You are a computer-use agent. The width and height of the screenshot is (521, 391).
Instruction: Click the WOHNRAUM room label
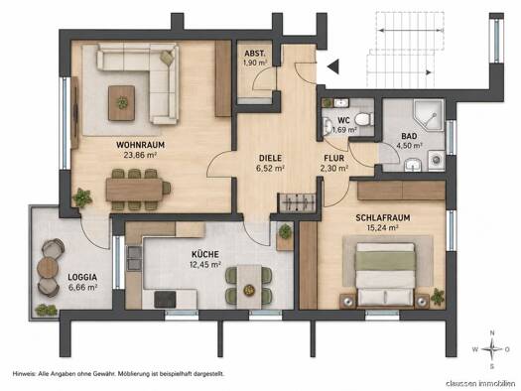(140, 145)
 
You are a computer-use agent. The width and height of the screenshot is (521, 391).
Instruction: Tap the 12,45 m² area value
(205, 265)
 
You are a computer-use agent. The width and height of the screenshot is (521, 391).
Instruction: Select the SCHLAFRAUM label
(383, 218)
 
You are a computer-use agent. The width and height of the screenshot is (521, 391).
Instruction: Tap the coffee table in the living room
(122, 103)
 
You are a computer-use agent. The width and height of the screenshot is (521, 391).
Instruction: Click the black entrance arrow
(332, 66)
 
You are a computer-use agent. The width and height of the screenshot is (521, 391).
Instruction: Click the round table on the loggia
(48, 267)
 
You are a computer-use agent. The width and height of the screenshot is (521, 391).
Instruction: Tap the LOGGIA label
(82, 277)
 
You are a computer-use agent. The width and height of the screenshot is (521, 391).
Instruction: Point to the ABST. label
(255, 54)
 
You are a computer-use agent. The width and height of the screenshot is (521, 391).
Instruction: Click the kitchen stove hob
(134, 258)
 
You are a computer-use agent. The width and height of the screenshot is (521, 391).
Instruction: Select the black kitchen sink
(165, 299)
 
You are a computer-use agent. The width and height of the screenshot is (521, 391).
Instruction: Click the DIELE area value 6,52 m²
(270, 168)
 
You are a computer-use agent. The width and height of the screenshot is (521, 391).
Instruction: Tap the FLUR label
(334, 159)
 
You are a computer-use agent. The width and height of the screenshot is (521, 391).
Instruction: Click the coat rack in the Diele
(298, 202)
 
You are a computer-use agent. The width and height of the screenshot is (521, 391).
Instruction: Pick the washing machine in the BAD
(437, 161)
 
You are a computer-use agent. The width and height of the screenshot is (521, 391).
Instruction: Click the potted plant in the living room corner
(82, 197)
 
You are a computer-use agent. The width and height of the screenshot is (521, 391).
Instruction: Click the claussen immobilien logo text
(480, 384)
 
